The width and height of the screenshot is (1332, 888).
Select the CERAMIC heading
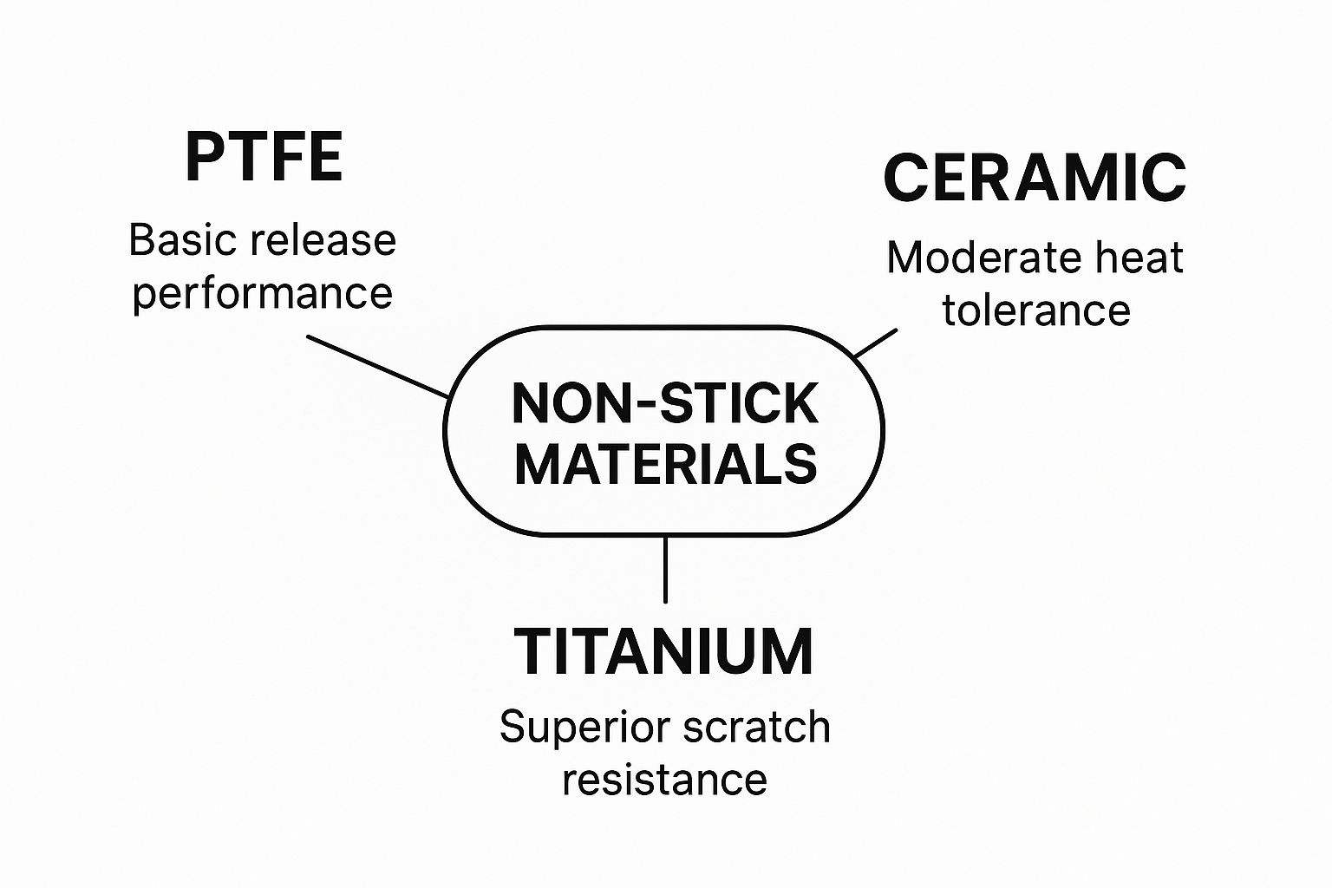pyautogui.click(x=1035, y=178)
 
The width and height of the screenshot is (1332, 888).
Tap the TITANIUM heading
pyautogui.click(x=663, y=651)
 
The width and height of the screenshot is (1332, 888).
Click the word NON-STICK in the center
pyautogui.click(x=665, y=403)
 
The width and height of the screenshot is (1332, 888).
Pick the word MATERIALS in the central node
pyautogui.click(x=665, y=464)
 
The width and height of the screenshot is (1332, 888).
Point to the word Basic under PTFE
pyautogui.click(x=177, y=240)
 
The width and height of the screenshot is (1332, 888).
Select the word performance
pyautogui.click(x=262, y=293)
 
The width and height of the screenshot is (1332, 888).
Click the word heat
pyautogui.click(x=1138, y=258)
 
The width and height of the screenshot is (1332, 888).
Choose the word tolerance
pyautogui.click(x=1036, y=310)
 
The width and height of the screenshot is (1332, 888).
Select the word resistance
pyautogui.click(x=664, y=779)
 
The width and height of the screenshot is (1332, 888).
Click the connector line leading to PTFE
pyautogui.click(x=378, y=367)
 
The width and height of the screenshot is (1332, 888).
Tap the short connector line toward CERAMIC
pyautogui.click(x=875, y=343)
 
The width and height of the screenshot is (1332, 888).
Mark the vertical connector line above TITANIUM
pyautogui.click(x=665, y=569)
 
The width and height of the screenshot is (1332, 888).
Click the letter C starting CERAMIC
pyautogui.click(x=904, y=178)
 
